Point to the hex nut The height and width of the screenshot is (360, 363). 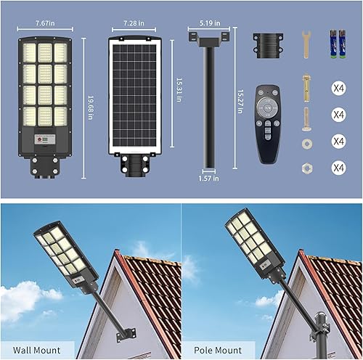point(306,167)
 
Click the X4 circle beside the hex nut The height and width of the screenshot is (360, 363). point(338,168)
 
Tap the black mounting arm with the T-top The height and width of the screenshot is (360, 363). point(208,102)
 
